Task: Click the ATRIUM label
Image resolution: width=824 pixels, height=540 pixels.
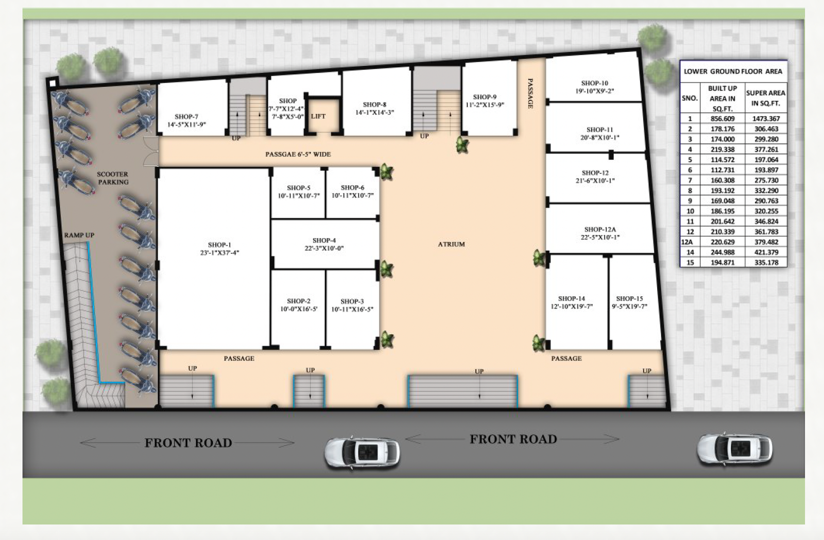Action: coord(451,244)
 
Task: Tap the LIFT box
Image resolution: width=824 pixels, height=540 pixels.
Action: coord(318,116)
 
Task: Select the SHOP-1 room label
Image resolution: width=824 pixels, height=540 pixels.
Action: coord(219,248)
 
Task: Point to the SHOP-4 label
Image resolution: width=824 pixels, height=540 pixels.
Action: coord(324,244)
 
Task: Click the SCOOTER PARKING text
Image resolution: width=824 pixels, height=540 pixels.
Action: coord(113,178)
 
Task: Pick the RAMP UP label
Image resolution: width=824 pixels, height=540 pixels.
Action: coord(79,235)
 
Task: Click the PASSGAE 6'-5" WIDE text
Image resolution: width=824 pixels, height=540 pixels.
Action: coord(298,154)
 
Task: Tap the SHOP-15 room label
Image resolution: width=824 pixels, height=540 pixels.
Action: coord(629,302)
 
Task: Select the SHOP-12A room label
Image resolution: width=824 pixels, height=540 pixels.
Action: coord(600,233)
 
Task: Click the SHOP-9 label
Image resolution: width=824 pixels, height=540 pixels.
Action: coord(485,100)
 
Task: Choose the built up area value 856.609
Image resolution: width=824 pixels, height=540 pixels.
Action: coord(723,119)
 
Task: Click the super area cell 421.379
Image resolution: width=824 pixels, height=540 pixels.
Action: coord(766,253)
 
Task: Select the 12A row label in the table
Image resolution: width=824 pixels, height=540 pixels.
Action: coord(687,242)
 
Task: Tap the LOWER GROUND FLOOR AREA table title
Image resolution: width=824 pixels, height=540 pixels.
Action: coord(733,71)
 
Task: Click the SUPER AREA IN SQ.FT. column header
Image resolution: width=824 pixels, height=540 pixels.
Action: coord(766,98)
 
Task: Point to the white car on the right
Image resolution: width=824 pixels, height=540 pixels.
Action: coord(734,448)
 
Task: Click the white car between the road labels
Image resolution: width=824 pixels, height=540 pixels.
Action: coord(362,453)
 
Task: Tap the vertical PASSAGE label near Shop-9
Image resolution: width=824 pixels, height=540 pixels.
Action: coord(530,93)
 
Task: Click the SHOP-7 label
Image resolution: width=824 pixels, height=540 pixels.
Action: coord(186,120)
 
